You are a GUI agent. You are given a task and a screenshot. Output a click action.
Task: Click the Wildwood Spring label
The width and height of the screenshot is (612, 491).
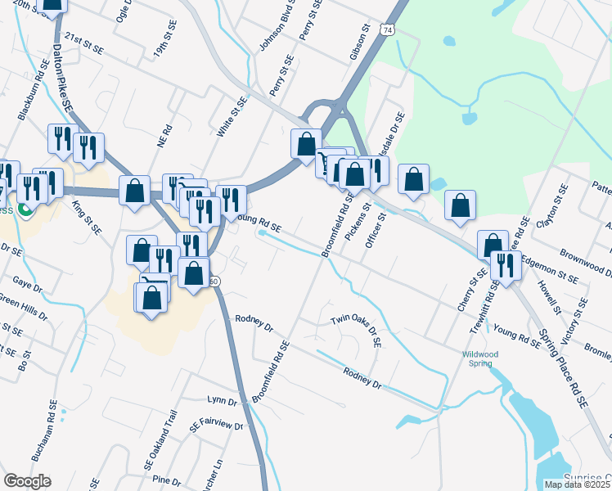pos(481,359)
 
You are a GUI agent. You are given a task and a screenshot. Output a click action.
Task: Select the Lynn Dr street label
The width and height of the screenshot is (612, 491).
pos(222,401)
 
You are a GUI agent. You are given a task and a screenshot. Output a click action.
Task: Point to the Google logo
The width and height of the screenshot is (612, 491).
pos(27,481)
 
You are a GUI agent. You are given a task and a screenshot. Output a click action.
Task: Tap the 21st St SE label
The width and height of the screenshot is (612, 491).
pos(85,43)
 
